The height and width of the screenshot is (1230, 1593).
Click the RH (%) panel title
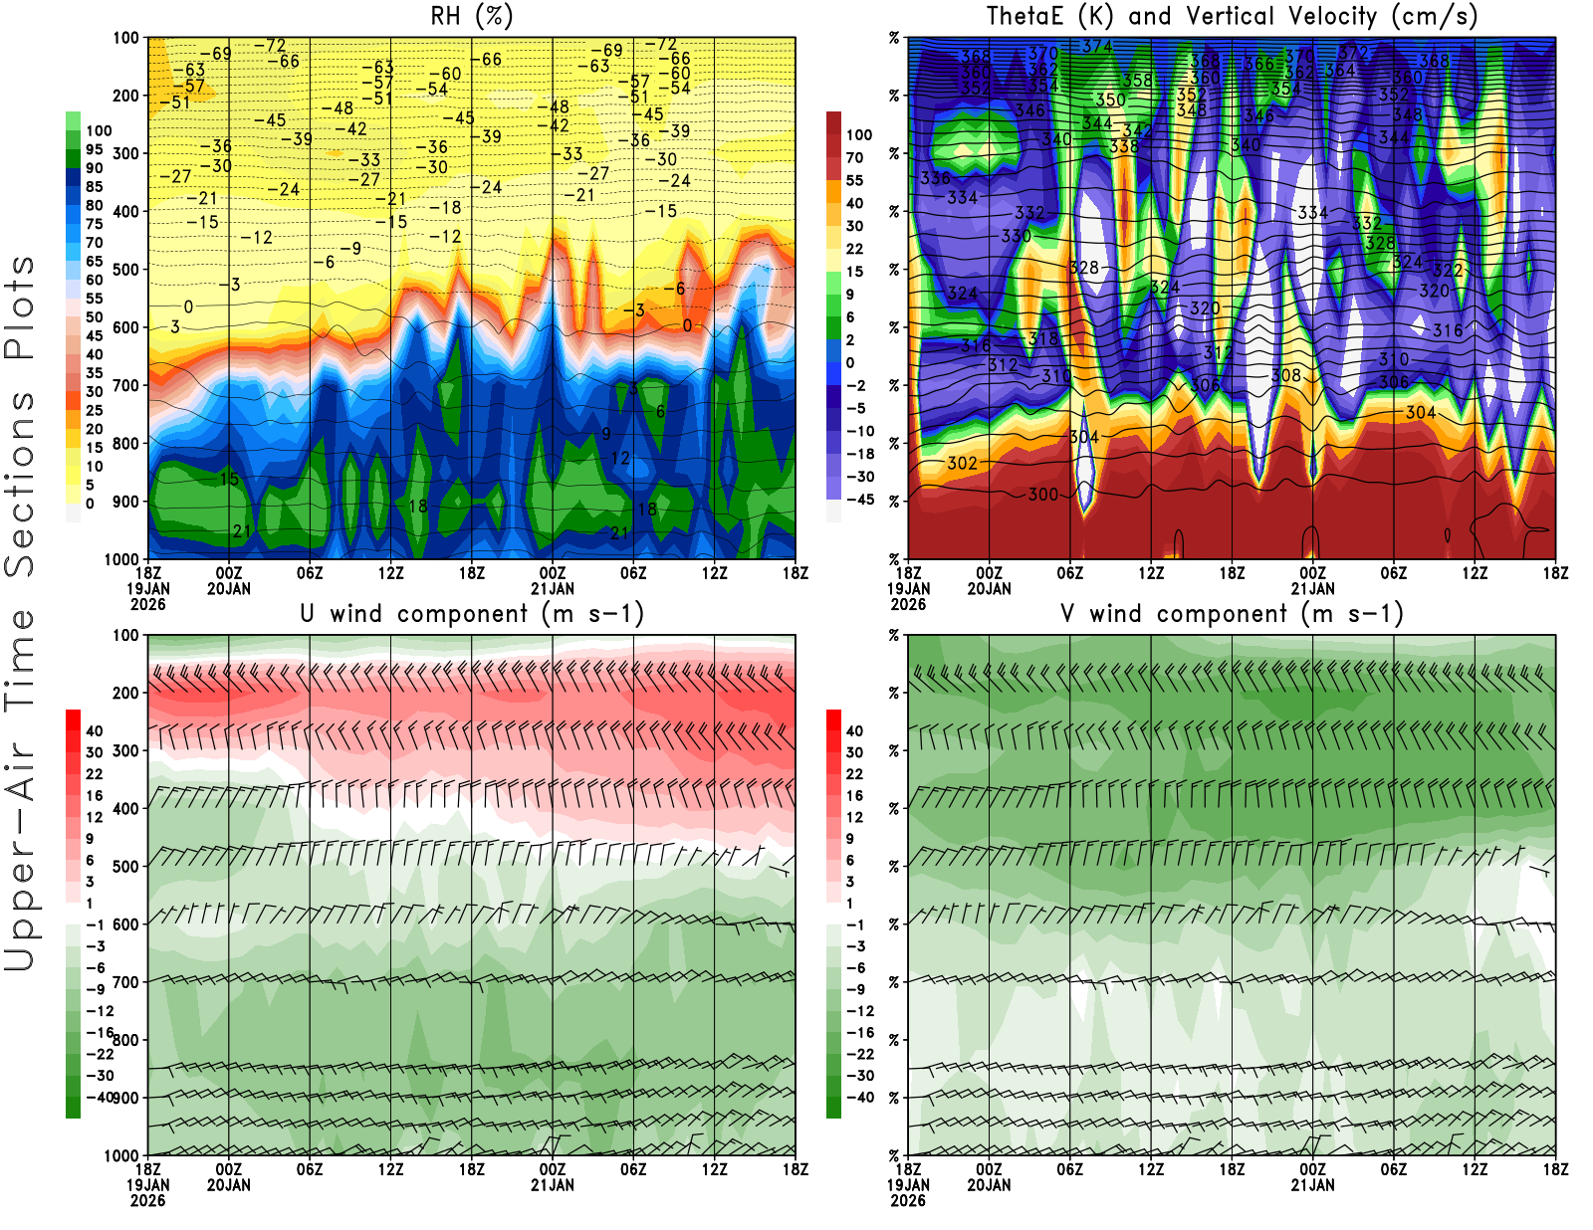[x=471, y=16]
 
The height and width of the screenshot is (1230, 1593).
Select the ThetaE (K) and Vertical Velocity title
[x=1232, y=16]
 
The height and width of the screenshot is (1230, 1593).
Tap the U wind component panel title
[x=471, y=613]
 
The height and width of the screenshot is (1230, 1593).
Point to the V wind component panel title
[x=1232, y=613]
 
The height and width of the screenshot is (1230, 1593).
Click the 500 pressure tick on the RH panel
[x=126, y=269]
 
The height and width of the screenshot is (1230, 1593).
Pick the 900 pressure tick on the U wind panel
[x=126, y=1098]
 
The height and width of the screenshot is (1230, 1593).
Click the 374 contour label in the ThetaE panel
[x=1096, y=46]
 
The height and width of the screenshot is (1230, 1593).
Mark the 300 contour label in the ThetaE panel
[x=1042, y=495]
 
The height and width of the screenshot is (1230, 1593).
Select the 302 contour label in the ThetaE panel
[x=962, y=463]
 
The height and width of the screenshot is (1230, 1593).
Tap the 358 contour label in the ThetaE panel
[x=1137, y=80]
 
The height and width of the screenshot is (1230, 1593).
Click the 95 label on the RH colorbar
[x=95, y=149]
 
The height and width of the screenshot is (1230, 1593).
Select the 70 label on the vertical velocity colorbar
[x=854, y=157]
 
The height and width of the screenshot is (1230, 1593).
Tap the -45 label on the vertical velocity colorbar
[x=859, y=500]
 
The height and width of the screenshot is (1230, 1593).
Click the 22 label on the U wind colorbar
[x=95, y=773]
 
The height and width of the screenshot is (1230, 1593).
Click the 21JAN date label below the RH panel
[x=553, y=588]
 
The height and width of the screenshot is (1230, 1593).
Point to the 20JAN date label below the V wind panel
[x=989, y=1185]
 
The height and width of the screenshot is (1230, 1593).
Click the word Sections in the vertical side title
[x=20, y=483]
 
